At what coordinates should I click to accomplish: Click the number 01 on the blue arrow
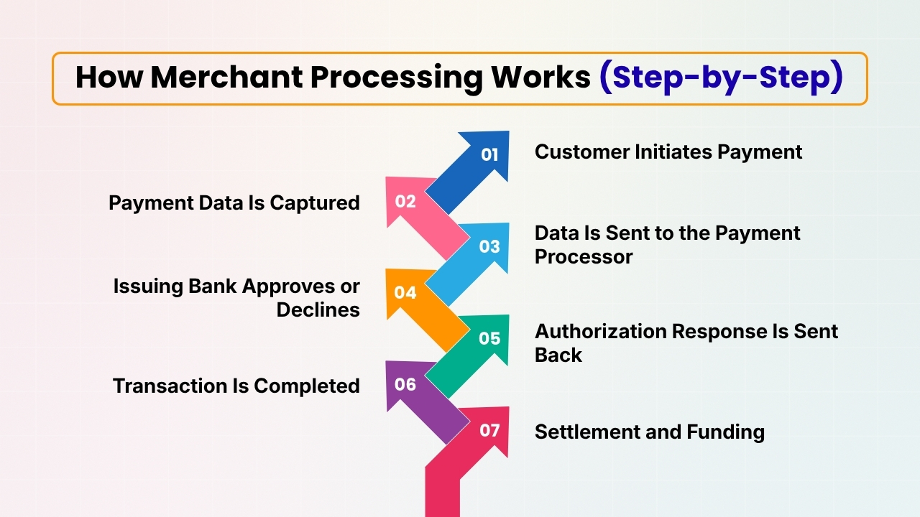click(x=489, y=154)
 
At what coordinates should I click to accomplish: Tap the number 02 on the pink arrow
click(x=405, y=201)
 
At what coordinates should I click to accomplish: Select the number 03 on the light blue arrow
click(x=489, y=246)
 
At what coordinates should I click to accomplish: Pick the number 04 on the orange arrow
click(x=405, y=292)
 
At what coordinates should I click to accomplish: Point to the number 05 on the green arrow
click(x=489, y=338)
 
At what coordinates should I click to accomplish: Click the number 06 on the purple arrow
click(x=405, y=384)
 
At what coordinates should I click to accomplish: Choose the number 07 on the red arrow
click(x=489, y=430)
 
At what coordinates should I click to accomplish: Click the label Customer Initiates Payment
click(x=668, y=152)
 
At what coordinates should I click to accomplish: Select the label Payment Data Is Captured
click(x=234, y=203)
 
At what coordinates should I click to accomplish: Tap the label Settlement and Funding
click(x=649, y=432)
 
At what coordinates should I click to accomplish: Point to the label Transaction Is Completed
click(x=236, y=386)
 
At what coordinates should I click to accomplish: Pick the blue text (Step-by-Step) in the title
click(x=721, y=78)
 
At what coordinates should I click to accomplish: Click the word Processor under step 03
click(x=584, y=257)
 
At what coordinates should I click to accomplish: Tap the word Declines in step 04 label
click(x=318, y=309)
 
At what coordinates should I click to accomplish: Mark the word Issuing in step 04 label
click(x=148, y=286)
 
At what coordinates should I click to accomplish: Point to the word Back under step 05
click(x=558, y=355)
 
